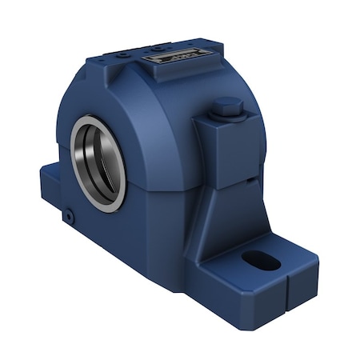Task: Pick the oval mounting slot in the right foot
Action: (x=262, y=261)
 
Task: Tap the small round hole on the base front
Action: (x=70, y=216)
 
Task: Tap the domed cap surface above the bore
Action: (x=136, y=104)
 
